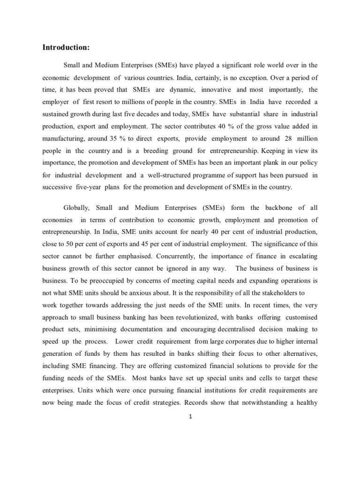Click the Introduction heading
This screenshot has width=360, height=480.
pos(66,47)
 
